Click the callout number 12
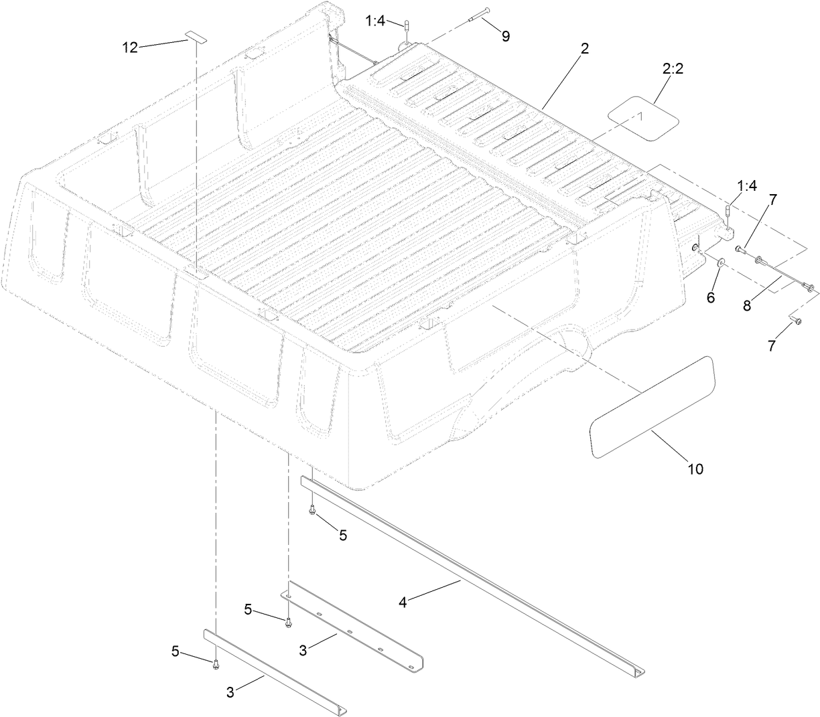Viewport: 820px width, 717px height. point(129,47)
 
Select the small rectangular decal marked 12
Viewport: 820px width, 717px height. point(196,39)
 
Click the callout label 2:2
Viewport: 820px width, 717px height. point(673,69)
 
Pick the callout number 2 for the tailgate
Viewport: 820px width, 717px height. point(584,48)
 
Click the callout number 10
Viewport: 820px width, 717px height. point(695,469)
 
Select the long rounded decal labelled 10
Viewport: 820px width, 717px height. point(652,408)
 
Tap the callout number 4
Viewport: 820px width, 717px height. point(403,602)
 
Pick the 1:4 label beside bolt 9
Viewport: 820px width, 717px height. point(375,21)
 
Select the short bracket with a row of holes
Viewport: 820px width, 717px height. point(351,627)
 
